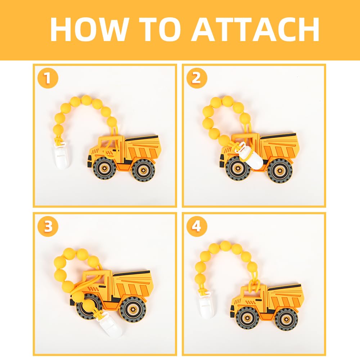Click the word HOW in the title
(x=89, y=29)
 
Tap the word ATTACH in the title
(x=255, y=29)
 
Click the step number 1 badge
(x=48, y=78)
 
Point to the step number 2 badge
(x=197, y=78)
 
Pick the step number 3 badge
(x=48, y=226)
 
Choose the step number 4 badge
(x=197, y=226)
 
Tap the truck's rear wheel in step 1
(x=143, y=170)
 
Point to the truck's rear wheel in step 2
(x=280, y=171)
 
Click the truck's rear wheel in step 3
(x=133, y=309)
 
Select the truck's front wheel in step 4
(x=248, y=318)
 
